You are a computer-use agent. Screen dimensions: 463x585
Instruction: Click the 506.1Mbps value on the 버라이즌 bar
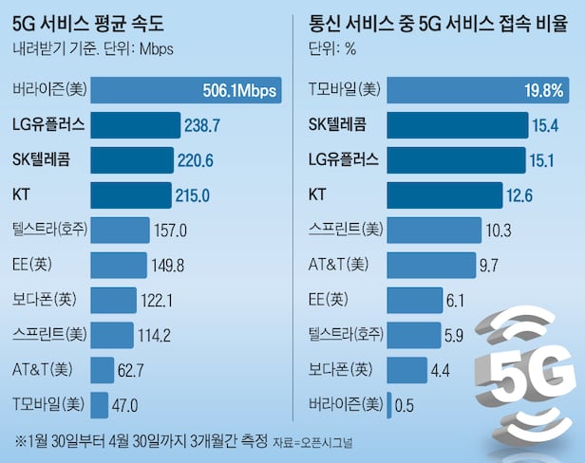pyautogui.click(x=241, y=91)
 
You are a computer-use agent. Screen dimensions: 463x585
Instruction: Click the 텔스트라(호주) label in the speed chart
pyautogui.click(x=48, y=230)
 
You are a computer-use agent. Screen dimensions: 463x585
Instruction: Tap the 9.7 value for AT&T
pyautogui.click(x=489, y=265)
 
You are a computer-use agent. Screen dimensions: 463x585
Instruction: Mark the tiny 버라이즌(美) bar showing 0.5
pyautogui.click(x=391, y=405)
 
